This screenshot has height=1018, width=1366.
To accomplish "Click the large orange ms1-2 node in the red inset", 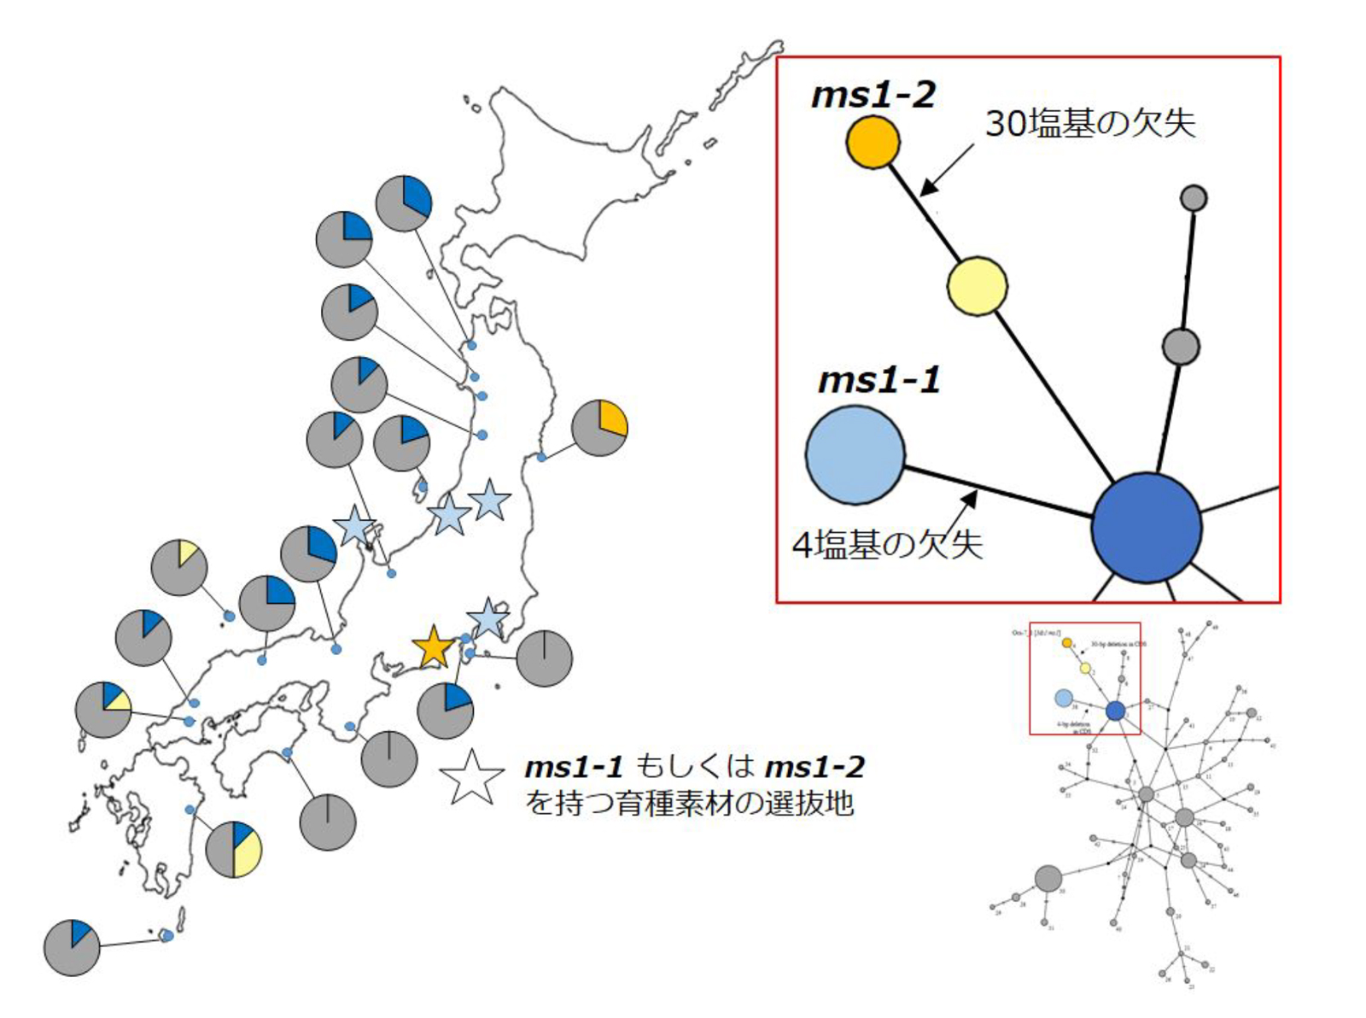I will click(x=873, y=142).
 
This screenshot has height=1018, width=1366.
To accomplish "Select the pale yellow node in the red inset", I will click(x=977, y=286).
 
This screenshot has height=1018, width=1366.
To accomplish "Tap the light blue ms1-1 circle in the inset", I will click(x=855, y=454).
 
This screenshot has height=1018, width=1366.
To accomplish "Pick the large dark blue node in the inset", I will click(x=1147, y=528).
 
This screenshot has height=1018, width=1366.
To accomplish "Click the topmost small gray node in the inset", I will click(x=1193, y=198).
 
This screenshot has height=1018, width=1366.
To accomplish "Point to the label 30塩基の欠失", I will click(x=1090, y=123).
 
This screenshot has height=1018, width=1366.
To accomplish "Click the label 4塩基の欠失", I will click(x=888, y=545).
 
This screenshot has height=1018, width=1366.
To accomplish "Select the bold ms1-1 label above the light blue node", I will click(x=879, y=380).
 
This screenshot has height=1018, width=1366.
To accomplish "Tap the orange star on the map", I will click(x=434, y=646).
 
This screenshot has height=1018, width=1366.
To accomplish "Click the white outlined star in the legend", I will click(x=472, y=777).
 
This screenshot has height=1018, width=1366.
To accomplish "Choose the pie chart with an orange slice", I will click(x=599, y=427).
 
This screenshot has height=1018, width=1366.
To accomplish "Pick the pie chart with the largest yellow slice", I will click(x=234, y=849).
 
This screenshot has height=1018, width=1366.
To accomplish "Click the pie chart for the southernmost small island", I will click(x=72, y=947).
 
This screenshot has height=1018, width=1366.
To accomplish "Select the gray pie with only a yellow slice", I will click(x=179, y=567).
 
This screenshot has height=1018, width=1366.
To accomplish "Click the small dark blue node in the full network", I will click(x=1115, y=711).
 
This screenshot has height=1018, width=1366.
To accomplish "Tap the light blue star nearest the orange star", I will click(x=487, y=617).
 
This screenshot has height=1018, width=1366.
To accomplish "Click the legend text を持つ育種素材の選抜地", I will click(x=690, y=804).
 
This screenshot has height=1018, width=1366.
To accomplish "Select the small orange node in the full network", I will click(x=1067, y=642).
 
